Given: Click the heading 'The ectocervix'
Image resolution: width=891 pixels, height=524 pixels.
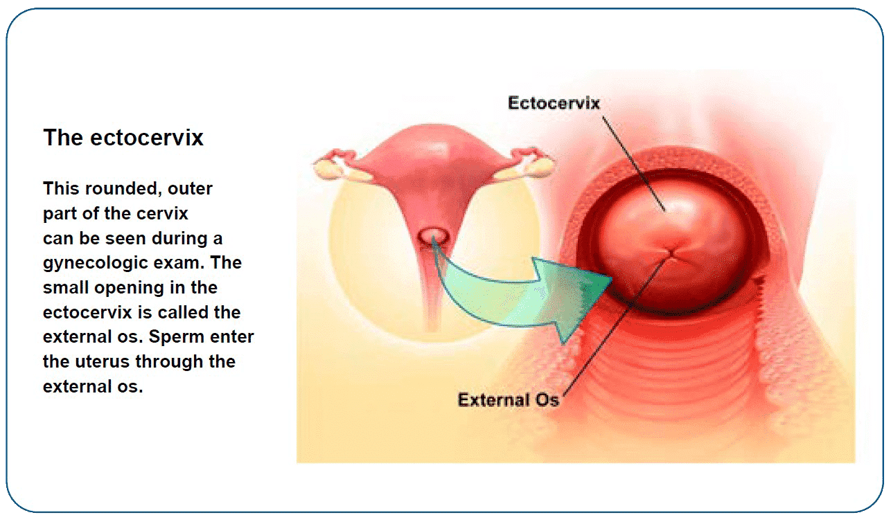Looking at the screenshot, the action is pyautogui.click(x=123, y=138).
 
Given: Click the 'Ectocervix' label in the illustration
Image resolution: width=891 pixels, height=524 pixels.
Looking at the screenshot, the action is pyautogui.click(x=554, y=103).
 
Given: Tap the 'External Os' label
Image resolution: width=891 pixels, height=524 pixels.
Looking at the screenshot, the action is pyautogui.click(x=509, y=399).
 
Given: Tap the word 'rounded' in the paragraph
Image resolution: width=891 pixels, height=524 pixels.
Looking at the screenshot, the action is pyautogui.click(x=121, y=189).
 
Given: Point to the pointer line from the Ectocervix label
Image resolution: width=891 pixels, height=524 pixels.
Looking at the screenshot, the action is pyautogui.click(x=634, y=163).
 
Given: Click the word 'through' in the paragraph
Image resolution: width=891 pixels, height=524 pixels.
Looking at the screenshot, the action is pyautogui.click(x=169, y=362).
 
